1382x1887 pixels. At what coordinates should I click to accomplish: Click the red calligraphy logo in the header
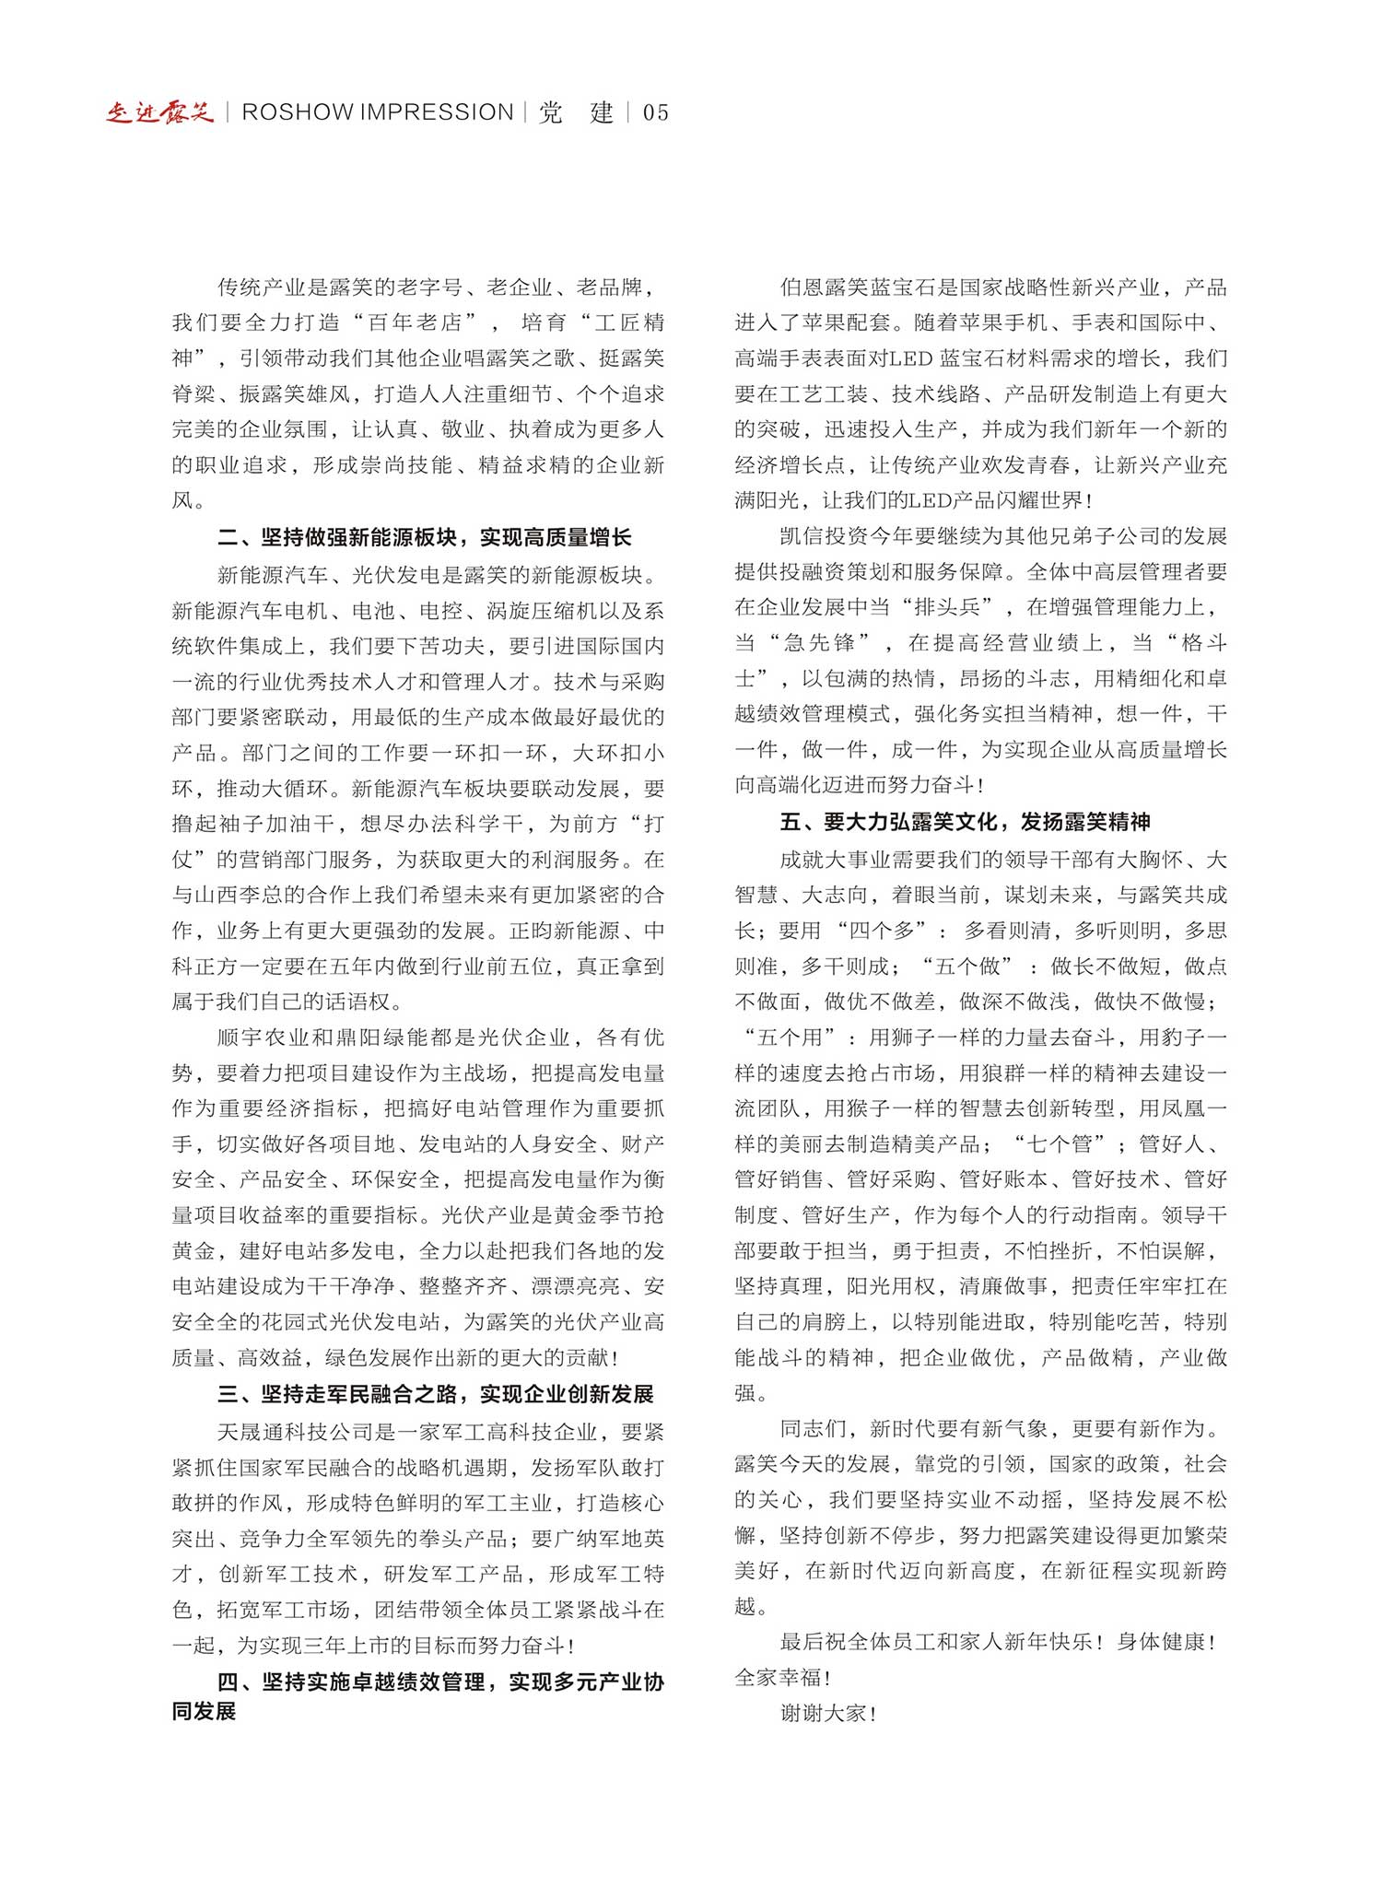pos(159,112)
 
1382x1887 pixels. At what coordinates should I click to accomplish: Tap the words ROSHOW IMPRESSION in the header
pos(378,112)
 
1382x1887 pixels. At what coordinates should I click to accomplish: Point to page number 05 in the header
pos(656,113)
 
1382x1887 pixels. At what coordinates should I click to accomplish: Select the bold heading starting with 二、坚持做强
pos(425,537)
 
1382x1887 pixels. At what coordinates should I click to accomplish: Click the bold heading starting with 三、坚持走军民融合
pos(436,1394)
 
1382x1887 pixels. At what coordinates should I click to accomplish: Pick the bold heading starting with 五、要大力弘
pos(965,822)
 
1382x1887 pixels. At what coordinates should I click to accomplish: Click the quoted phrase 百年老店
pos(415,322)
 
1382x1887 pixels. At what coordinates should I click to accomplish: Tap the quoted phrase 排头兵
pos(948,607)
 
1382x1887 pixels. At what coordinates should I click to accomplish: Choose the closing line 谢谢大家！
pos(827,1714)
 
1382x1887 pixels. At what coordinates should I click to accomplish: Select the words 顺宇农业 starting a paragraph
pos(262,1037)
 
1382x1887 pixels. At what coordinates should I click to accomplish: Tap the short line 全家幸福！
pos(782,1678)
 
